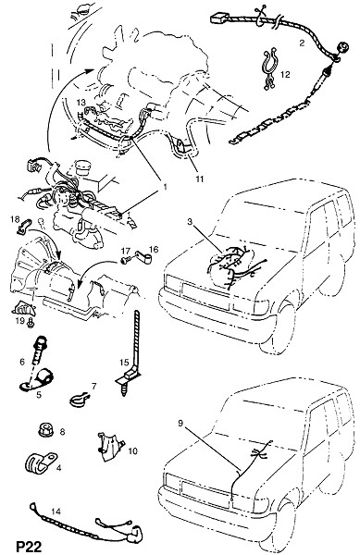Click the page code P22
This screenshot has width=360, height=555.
[30, 546]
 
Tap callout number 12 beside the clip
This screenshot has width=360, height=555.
[285, 74]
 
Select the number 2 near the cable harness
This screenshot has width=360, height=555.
[302, 43]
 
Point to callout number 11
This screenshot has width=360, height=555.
[200, 179]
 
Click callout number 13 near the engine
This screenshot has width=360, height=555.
[81, 103]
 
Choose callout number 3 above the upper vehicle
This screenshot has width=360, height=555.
[190, 222]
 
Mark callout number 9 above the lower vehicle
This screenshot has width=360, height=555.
[180, 423]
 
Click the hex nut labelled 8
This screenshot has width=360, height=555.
[45, 431]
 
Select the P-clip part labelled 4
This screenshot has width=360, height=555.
[41, 462]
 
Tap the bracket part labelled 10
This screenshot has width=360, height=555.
[110, 447]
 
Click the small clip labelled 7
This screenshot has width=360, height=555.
[80, 399]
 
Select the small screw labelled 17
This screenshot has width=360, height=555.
[125, 260]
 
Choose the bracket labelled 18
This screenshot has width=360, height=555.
[24, 227]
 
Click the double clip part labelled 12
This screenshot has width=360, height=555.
[270, 69]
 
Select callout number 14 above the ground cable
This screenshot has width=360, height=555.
[56, 512]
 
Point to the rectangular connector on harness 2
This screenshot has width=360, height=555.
[220, 18]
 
